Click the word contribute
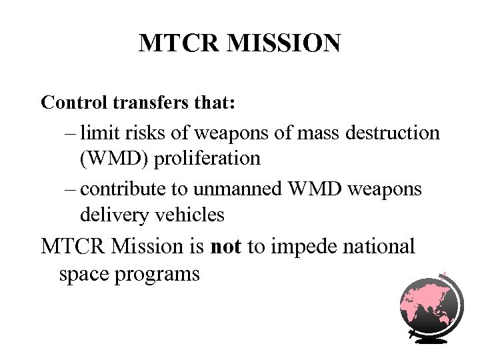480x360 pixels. coord(125,189)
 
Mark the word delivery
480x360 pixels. coord(110,215)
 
